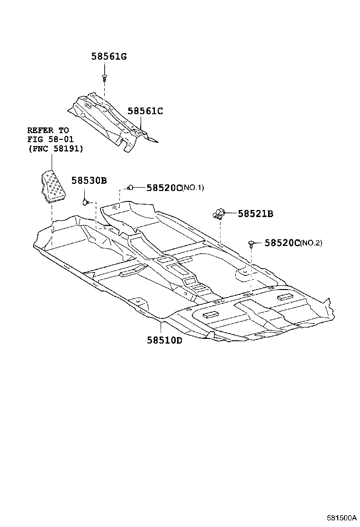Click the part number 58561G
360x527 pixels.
[109, 57]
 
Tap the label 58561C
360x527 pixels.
[145, 111]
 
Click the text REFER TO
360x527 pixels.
[48, 130]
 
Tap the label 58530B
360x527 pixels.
[89, 180]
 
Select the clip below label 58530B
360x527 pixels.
[86, 202]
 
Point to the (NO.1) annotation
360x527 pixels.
[193, 188]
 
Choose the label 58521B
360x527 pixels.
[255, 214]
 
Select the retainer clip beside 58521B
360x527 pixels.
[219, 214]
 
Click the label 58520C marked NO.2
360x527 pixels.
[282, 243]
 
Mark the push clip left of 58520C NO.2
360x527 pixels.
[251, 244]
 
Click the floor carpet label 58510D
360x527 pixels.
[164, 340]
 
